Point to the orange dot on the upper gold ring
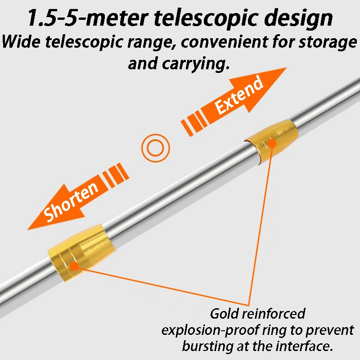pyautogui.click(x=272, y=144)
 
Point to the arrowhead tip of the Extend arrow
pyautogui.click(x=286, y=68)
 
